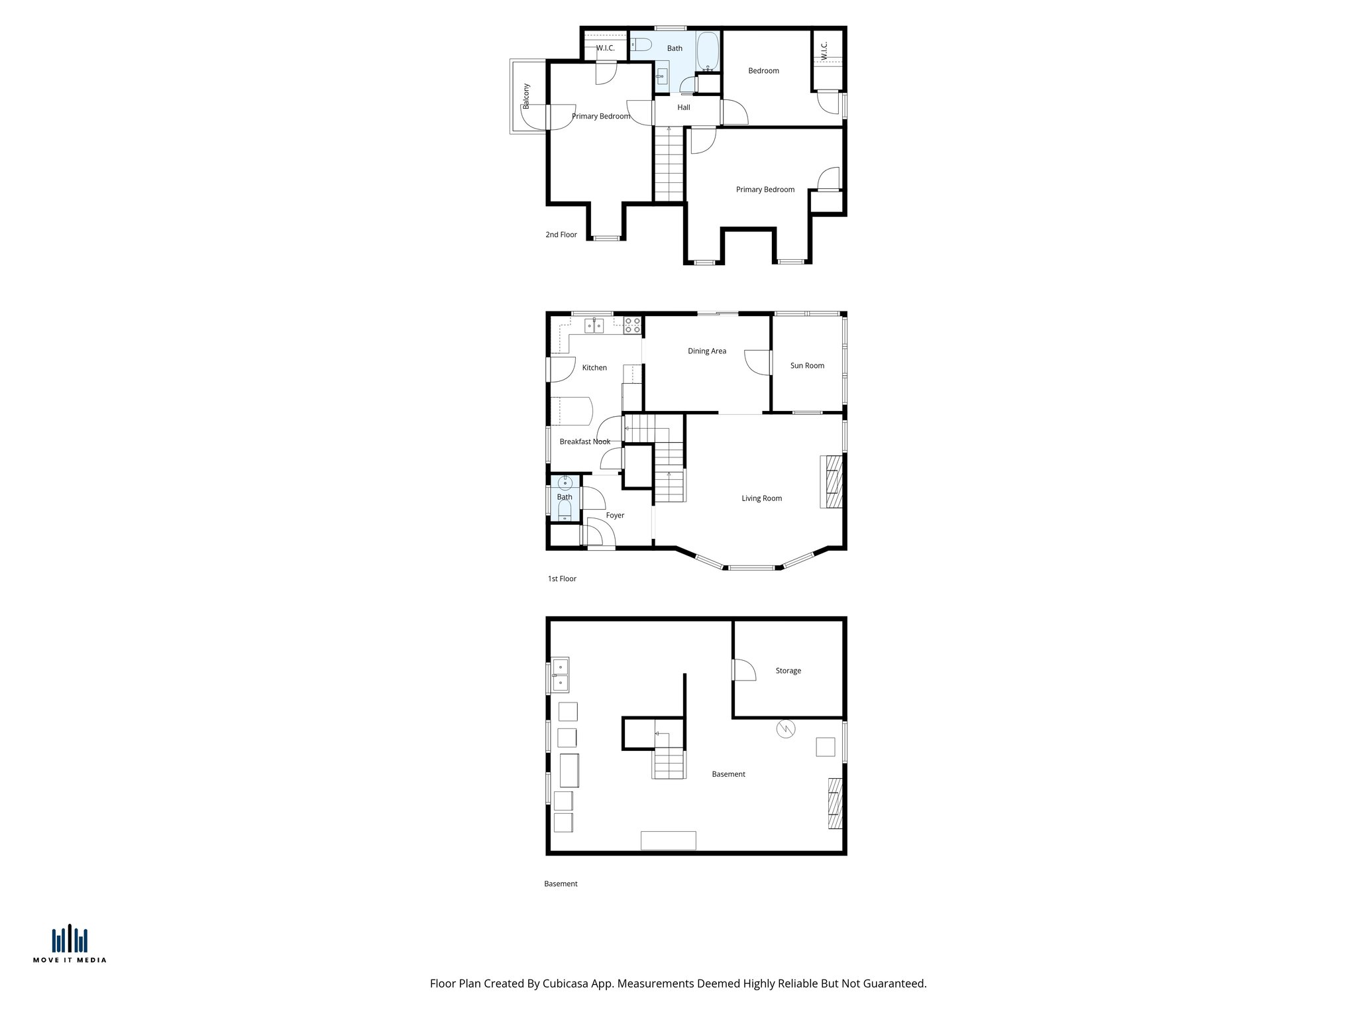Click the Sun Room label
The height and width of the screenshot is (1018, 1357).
[807, 366]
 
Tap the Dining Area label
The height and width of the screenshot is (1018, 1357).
[706, 351]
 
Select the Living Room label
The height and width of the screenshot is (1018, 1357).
[761, 498]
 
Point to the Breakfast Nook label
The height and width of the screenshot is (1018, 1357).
[584, 442]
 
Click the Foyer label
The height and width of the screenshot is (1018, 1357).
[615, 516]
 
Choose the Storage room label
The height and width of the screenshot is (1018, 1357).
[788, 671]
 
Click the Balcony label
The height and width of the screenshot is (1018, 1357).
[527, 96]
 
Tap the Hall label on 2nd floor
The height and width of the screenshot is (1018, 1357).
[684, 107]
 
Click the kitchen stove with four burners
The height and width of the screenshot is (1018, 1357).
[632, 325]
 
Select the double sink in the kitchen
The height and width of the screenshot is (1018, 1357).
[594, 325]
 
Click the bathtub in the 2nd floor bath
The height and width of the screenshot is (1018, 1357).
[708, 51]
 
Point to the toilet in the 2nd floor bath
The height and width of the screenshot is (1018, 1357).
[640, 45]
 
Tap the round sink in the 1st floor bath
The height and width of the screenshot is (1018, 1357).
[565, 482]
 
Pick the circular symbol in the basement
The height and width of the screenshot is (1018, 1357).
[785, 729]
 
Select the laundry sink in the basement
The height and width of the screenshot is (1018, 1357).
[560, 675]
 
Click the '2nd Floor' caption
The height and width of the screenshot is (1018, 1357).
[561, 235]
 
